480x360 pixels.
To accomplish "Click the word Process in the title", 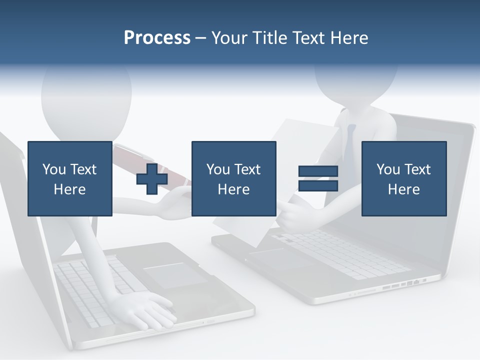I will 157,38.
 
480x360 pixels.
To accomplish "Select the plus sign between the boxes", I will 152,178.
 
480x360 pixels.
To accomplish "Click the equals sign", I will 318,178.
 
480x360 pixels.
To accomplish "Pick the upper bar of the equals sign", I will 318,171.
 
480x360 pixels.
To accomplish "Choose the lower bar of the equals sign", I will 318,186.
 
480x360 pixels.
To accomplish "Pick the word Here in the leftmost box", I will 69,189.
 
